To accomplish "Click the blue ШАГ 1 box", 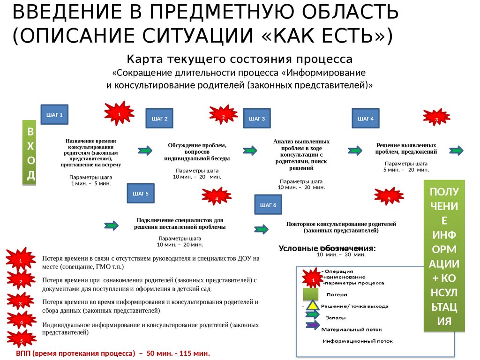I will (54, 114).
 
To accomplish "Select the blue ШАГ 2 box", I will (159, 119).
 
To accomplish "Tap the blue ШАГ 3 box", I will (257, 119).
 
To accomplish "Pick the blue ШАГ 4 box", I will (366, 119).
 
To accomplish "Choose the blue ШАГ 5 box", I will (141, 193).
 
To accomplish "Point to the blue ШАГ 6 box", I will (268, 205).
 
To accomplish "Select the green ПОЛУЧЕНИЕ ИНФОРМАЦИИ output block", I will (444, 256).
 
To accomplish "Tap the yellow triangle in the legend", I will (314, 307).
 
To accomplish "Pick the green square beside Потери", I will (311, 294).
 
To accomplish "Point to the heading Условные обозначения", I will (327, 248).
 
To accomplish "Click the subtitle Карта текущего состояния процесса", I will (240, 60).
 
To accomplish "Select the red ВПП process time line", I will (113, 353).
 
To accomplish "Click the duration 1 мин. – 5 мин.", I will (90, 183).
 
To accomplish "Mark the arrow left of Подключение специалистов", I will (112, 225).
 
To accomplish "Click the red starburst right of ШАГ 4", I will (436, 119).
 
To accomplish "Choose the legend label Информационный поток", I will (357, 341).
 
